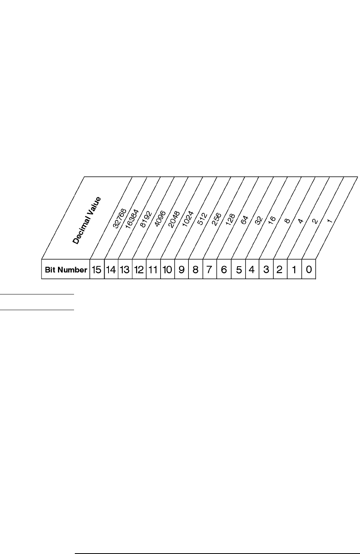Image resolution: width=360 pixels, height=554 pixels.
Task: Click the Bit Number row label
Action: click(66, 270)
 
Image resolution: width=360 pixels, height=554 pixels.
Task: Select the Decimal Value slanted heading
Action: click(87, 221)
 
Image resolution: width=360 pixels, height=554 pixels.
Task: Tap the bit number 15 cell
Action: click(97, 270)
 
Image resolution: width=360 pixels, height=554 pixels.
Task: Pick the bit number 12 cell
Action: click(139, 270)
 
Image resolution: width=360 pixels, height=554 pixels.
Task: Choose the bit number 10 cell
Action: click(167, 270)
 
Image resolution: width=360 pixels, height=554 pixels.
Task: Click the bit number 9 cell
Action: click(181, 270)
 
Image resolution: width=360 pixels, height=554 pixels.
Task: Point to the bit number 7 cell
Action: click(210, 270)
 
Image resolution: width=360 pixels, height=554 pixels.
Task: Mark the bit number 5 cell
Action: click(238, 270)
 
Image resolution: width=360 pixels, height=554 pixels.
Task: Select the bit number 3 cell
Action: click(266, 270)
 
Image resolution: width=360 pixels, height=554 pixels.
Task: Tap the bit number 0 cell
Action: click(309, 270)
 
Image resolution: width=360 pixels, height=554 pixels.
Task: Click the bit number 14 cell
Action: click(111, 270)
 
